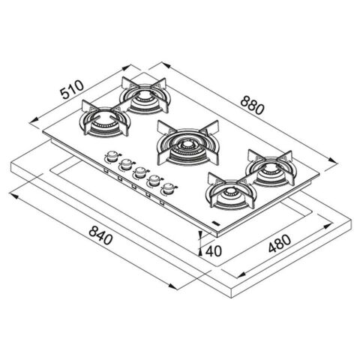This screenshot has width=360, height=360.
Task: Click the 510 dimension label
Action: click(72, 89)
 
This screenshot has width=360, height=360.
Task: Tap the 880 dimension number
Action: click(252, 106)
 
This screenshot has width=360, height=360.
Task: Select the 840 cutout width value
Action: click(100, 235)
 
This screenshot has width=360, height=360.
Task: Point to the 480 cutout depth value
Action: click(280, 244)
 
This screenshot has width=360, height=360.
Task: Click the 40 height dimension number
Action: click(214, 251)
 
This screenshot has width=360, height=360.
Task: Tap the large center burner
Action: click(188, 143)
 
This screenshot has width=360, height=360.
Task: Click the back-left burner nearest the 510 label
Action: click(144, 95)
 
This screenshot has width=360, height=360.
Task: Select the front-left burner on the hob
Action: click(105, 118)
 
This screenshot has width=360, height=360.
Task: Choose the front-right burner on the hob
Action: click(231, 191)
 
